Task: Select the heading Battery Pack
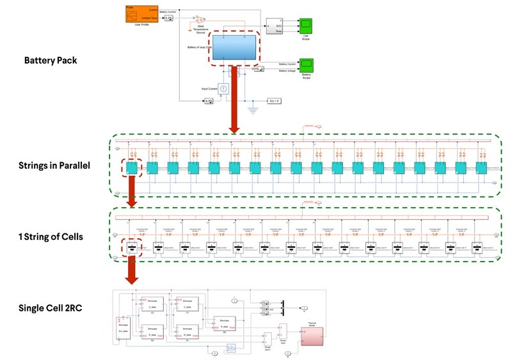coord(50,61)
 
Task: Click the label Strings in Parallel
coord(54,166)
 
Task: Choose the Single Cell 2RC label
coord(51,309)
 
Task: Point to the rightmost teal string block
coord(479,168)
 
